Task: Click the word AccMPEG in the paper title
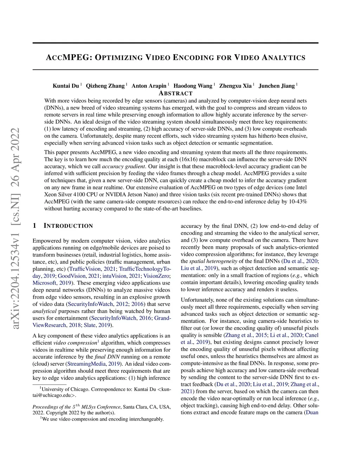(67, 58)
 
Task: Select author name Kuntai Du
(66, 86)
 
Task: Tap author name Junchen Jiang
(277, 86)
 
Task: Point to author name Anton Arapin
(149, 86)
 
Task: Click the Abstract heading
(176, 94)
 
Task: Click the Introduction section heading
(68, 226)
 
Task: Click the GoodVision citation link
(72, 276)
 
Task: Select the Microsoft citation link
(44, 283)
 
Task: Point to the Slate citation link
(90, 325)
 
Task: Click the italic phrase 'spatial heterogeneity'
(213, 261)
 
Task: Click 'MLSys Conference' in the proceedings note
(101, 407)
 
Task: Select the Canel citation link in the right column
(311, 335)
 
